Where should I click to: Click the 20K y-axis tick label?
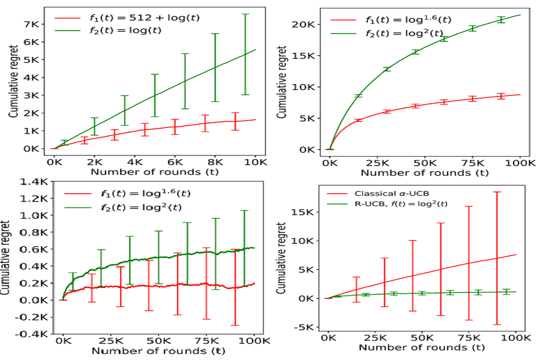coord(307,24)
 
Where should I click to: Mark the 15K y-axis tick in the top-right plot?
coord(307,55)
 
